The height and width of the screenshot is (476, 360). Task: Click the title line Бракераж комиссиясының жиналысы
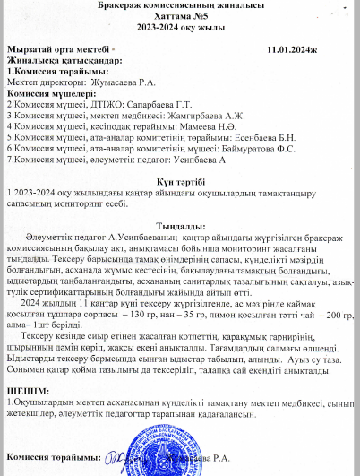[178, 5]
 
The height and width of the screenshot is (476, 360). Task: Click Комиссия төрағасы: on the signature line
[50, 457]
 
